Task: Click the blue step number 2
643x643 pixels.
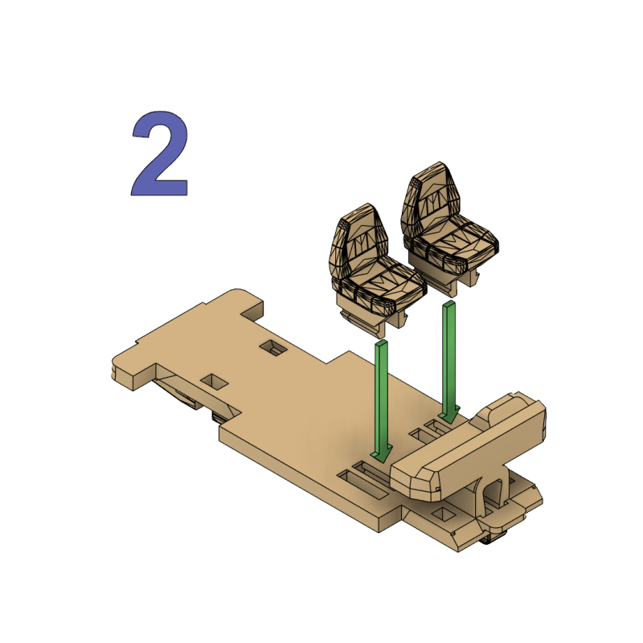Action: tap(161, 155)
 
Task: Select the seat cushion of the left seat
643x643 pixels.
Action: tap(389, 287)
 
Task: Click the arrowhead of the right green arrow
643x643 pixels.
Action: tap(450, 414)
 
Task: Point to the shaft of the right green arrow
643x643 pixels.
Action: tap(449, 354)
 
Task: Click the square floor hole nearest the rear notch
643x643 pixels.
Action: tap(275, 348)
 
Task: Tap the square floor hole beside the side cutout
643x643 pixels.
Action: tap(213, 380)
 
